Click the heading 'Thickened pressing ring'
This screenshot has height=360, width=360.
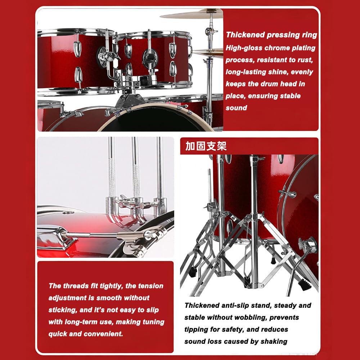[x=271, y=35]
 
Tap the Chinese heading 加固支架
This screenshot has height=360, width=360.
[x=206, y=146]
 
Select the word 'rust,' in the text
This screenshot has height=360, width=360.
[x=305, y=60]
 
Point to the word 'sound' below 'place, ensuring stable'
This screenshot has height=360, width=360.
[x=236, y=108]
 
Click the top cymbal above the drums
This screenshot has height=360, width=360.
[x=192, y=14]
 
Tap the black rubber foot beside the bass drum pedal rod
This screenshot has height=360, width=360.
[x=305, y=286]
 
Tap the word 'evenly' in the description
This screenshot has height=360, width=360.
[x=302, y=72]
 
